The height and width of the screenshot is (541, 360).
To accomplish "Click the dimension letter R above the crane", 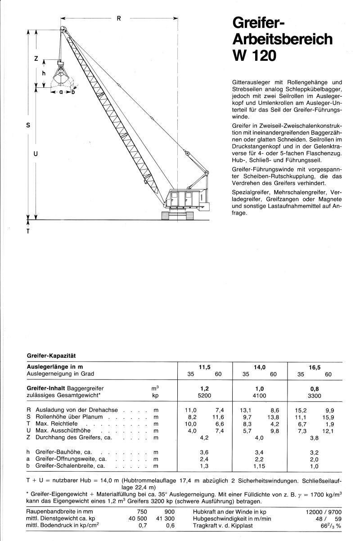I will click(118, 18).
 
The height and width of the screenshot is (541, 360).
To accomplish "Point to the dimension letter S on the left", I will click(28, 126).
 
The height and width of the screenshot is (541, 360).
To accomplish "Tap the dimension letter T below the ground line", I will click(28, 232).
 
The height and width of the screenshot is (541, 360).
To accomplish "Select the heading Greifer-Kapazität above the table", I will click(50, 355).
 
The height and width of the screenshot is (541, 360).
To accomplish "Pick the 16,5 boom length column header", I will click(314, 367).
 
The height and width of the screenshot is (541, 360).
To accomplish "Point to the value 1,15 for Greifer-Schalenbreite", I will click(259, 466).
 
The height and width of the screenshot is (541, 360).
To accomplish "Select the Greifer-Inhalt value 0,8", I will click(314, 388).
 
